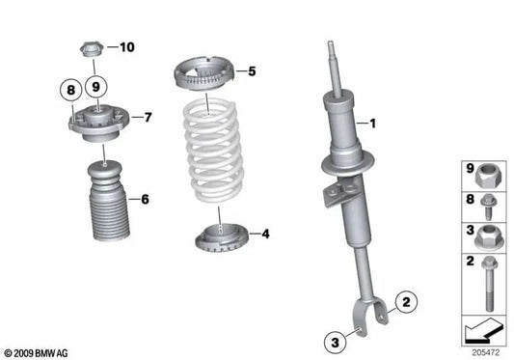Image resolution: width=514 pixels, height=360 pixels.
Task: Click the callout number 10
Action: point(127,46)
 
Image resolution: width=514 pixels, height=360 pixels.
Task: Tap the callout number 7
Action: point(149,118)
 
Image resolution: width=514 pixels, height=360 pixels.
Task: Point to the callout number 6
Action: point(144,201)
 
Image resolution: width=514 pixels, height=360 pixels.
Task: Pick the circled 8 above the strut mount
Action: point(69,91)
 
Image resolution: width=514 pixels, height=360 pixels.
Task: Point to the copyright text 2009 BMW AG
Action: point(39,353)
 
